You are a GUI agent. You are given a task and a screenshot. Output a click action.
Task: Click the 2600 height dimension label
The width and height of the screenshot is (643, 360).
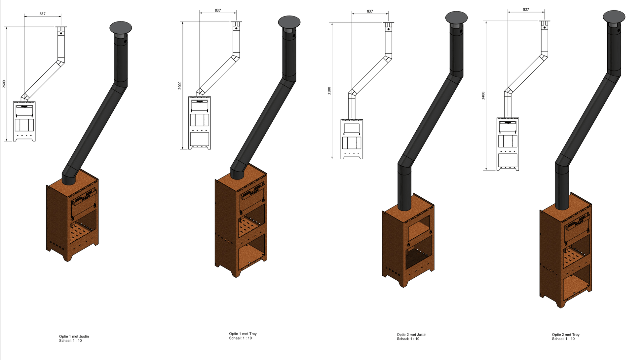point(4,84)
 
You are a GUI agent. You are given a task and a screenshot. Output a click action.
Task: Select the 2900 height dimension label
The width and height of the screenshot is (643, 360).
point(180,85)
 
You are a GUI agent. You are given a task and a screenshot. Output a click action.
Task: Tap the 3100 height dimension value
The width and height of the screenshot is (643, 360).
point(329,91)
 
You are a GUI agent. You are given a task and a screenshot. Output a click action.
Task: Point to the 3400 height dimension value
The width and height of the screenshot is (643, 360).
point(483,96)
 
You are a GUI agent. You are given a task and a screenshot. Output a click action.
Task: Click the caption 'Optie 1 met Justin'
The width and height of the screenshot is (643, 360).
point(74,337)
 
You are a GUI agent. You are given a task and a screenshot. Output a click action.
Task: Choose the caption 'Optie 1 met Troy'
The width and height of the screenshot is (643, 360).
point(243,334)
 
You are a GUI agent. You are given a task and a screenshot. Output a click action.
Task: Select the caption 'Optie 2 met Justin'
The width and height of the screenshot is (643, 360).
point(411,335)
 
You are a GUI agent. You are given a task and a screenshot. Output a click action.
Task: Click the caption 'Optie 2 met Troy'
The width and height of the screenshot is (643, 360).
point(565,335)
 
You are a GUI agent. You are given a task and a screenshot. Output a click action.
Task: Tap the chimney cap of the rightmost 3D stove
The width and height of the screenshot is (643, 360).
point(614,17)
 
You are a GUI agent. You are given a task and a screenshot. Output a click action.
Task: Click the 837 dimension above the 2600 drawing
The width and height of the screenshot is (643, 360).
point(42,14)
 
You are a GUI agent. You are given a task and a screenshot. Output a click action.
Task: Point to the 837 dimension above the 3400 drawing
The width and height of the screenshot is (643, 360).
point(526,10)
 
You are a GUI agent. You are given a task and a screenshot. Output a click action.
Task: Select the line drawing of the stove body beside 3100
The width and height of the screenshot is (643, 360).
point(352,139)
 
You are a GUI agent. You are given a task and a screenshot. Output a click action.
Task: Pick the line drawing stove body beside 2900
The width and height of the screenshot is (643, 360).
point(199,123)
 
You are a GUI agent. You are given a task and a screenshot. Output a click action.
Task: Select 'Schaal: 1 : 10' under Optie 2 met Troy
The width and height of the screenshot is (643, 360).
point(563,339)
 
